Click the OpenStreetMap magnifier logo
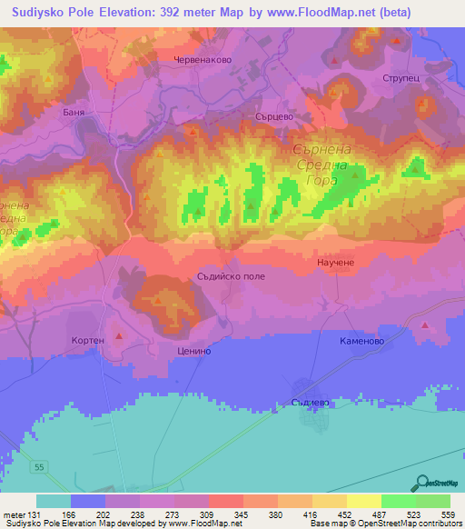point(420,483)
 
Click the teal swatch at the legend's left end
point(53,501)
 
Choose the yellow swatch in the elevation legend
point(363,501)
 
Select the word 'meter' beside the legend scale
point(13,514)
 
